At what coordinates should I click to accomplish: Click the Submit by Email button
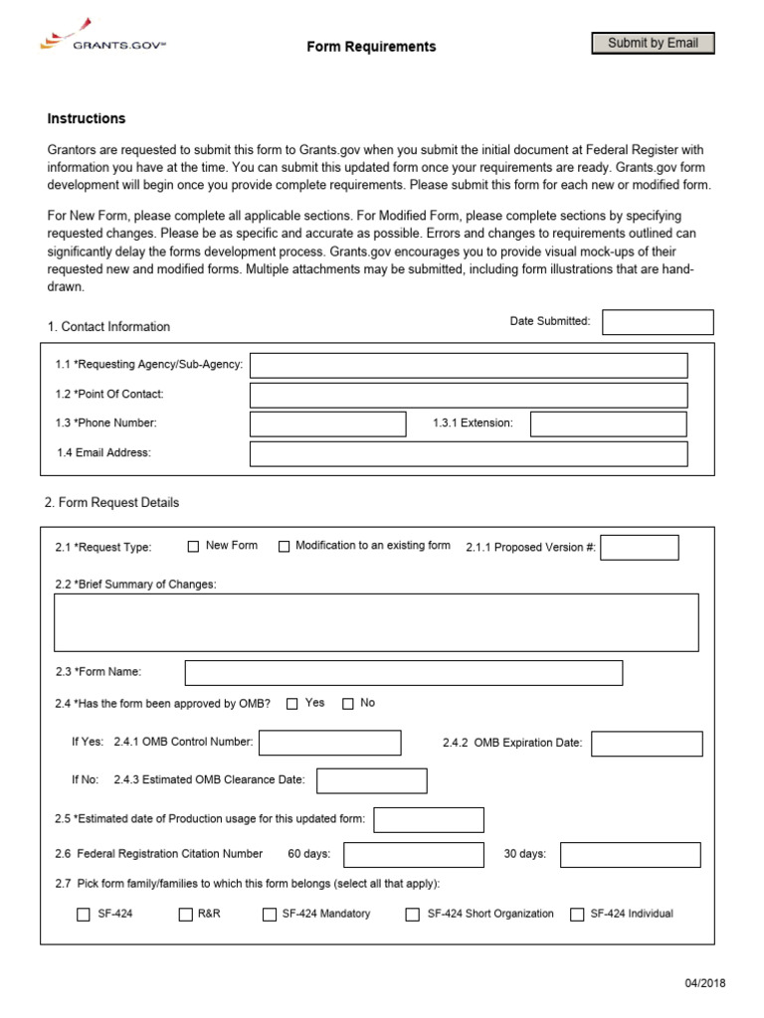(x=653, y=43)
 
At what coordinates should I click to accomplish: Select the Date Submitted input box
(x=658, y=322)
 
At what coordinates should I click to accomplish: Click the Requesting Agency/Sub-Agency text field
(x=469, y=366)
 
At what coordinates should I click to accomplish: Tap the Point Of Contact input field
(x=469, y=395)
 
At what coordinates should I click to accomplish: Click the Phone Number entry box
(x=328, y=424)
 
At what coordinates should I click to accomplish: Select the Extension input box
(x=608, y=424)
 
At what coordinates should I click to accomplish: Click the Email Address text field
(x=469, y=454)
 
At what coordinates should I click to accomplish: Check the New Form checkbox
(x=194, y=546)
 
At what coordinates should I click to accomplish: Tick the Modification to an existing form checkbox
(x=284, y=546)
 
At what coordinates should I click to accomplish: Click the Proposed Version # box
(x=640, y=548)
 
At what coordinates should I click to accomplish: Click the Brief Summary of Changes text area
(x=376, y=622)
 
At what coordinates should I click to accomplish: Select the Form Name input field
(x=404, y=673)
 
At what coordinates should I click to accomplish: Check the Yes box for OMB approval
(x=291, y=704)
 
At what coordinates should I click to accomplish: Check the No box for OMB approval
(x=347, y=704)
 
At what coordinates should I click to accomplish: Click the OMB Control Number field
(x=330, y=743)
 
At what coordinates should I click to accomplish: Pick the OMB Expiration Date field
(x=647, y=744)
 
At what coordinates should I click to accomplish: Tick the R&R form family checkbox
(x=185, y=915)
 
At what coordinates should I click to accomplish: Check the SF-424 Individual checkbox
(x=577, y=915)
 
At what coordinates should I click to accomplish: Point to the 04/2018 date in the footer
(x=705, y=983)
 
